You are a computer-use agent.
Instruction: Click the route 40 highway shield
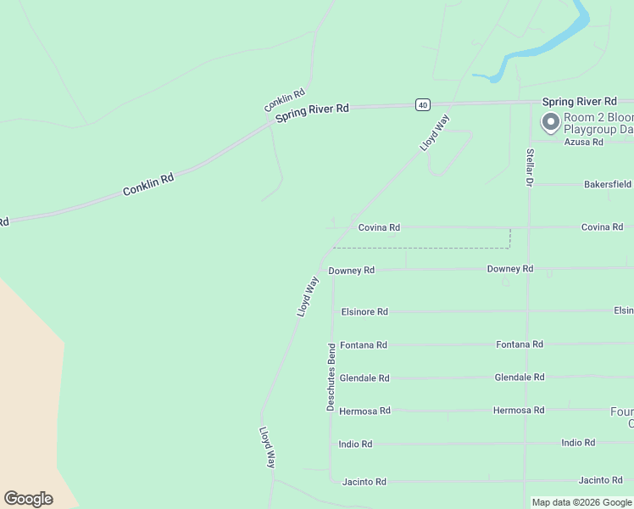click(x=423, y=104)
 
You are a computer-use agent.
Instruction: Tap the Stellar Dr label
click(x=530, y=167)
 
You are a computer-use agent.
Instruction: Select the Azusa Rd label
click(x=585, y=142)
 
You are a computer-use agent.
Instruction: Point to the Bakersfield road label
click(x=607, y=184)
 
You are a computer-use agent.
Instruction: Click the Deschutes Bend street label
click(x=331, y=378)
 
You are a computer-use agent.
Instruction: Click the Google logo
click(x=28, y=499)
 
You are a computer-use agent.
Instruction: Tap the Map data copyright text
click(x=581, y=502)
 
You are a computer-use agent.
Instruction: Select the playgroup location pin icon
click(x=550, y=123)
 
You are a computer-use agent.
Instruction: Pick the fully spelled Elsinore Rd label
click(x=364, y=312)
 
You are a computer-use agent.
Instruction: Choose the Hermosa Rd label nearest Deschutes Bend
click(x=364, y=411)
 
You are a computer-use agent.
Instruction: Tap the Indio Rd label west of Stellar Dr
click(x=355, y=445)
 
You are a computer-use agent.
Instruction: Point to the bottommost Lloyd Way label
click(x=268, y=447)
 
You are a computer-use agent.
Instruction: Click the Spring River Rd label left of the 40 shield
click(x=313, y=114)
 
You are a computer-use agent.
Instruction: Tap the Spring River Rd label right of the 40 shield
click(x=580, y=102)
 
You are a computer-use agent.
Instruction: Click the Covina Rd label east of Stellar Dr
click(x=602, y=227)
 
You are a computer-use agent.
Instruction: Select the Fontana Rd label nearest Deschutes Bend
click(x=364, y=345)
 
